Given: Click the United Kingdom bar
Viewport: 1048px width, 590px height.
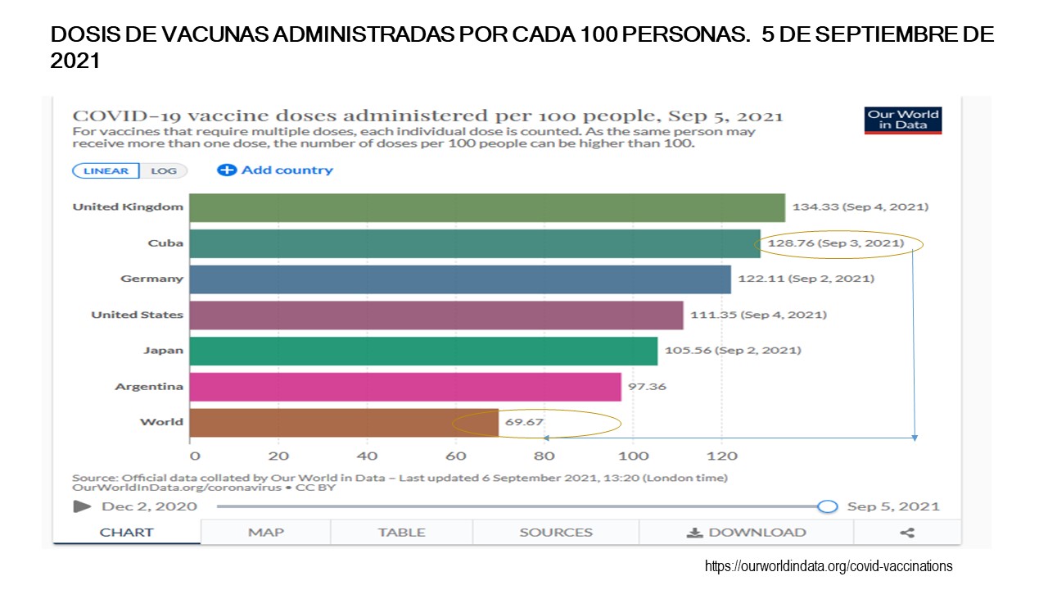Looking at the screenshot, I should pos(486,207).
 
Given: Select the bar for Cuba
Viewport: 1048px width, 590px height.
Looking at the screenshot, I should pos(474,243).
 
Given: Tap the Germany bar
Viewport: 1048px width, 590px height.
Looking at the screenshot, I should pos(459,279).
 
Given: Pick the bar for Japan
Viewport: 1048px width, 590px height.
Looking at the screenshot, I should pos(422,351).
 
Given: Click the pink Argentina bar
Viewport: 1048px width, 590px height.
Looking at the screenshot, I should pos(404,387).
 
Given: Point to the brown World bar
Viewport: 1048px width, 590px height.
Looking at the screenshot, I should pos(343,423).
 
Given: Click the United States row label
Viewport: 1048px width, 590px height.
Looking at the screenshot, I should pos(137,315).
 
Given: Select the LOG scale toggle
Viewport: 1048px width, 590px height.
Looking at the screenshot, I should pos(164,170).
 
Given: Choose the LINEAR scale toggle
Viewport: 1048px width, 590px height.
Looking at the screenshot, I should pos(106,170).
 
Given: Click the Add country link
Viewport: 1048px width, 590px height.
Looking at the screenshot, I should pos(275,170).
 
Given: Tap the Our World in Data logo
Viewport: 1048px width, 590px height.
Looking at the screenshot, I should pos(903,120).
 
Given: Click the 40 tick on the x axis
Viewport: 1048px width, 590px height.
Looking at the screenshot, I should pos(367,456).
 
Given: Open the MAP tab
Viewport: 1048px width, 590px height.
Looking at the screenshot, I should pos(266,533).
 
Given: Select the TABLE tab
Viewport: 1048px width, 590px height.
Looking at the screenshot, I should pos(401,533).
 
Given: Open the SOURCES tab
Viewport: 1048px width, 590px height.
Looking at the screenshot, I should pos(556,533).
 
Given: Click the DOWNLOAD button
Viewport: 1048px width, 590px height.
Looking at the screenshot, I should pos(746,533).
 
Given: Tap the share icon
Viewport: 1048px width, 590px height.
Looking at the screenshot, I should pos(907,533).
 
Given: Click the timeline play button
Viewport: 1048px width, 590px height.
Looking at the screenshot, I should pos(82,506).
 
